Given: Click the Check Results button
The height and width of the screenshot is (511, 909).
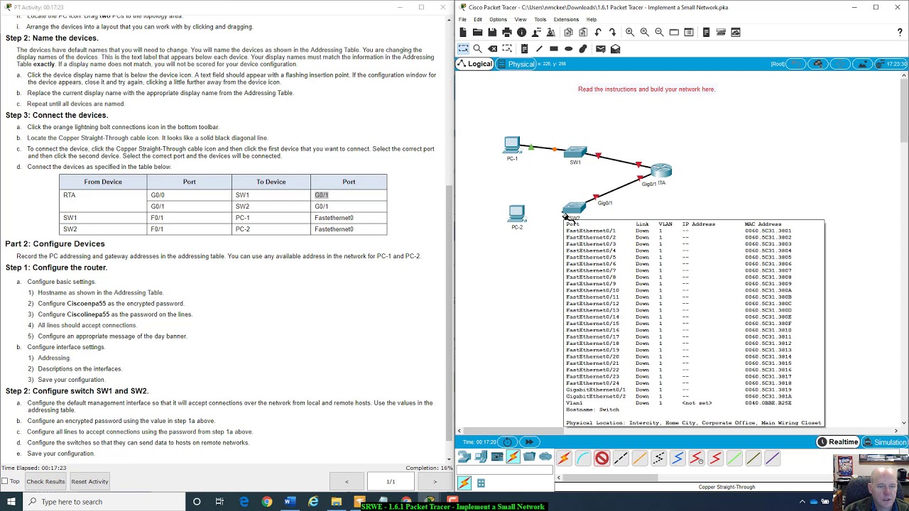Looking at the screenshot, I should pos(45,481).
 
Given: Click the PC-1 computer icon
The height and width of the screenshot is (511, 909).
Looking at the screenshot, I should pos(511,145).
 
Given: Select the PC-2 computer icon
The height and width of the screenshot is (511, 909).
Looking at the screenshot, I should pos(516,213).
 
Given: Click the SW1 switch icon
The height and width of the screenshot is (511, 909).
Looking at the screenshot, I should pos(575,152).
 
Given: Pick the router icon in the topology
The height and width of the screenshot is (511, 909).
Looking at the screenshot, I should pos(660,170).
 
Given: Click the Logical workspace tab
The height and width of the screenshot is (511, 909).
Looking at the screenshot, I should pos(475,64).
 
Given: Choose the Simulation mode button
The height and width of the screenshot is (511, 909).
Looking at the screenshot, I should pos(885,442).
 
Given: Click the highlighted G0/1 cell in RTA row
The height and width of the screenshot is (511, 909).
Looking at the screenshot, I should pos(322,195).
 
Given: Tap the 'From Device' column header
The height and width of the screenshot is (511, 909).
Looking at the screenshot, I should pos(103,182).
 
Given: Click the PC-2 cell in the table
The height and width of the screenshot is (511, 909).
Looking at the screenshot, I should pos(243,229).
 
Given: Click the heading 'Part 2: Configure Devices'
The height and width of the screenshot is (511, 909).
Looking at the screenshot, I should pos(55,243).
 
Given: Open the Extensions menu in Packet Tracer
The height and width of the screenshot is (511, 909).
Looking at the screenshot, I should pos(566,19).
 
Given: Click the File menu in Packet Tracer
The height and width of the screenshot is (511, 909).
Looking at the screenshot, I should pos(462,19).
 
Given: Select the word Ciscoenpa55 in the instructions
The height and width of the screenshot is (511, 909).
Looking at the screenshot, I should pos(86,304).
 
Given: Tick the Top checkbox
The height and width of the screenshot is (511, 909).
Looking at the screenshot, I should pos(5,481).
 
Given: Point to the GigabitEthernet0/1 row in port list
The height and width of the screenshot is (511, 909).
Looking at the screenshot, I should pos(595,390).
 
